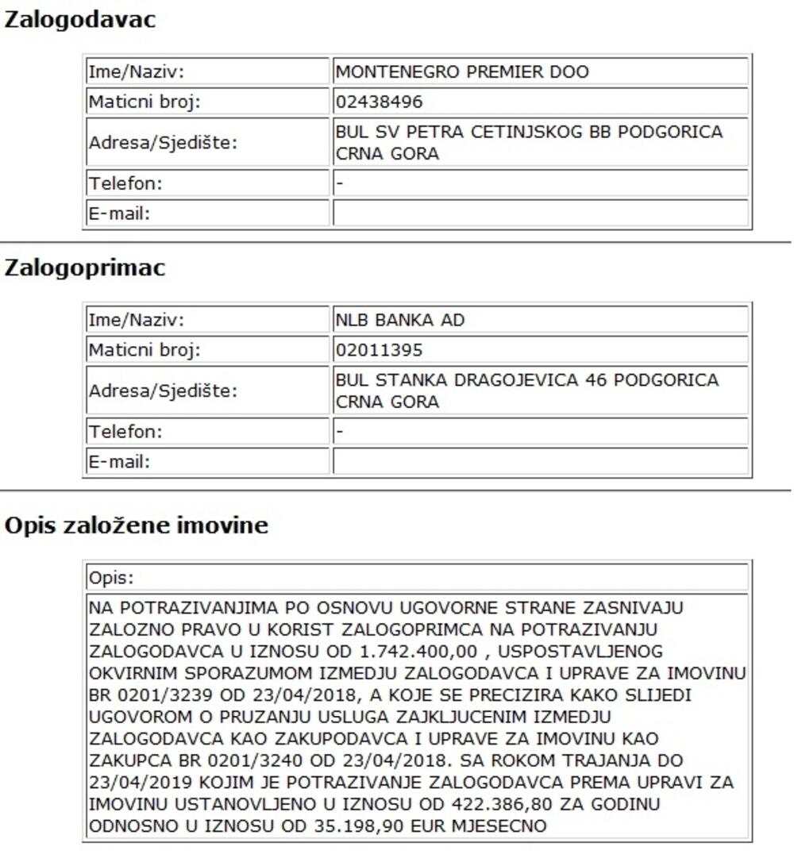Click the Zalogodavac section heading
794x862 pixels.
point(80,21)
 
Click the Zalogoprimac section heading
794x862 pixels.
point(85,268)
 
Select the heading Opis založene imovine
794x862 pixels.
point(137,525)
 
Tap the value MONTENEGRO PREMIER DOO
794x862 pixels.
point(462,72)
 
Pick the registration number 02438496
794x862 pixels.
point(380,102)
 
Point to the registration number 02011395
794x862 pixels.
point(380,350)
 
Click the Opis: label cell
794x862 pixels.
point(112,577)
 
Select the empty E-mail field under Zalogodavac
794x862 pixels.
point(540,214)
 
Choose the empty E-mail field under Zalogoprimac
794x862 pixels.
point(540,462)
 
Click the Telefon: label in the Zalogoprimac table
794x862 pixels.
point(125,432)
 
